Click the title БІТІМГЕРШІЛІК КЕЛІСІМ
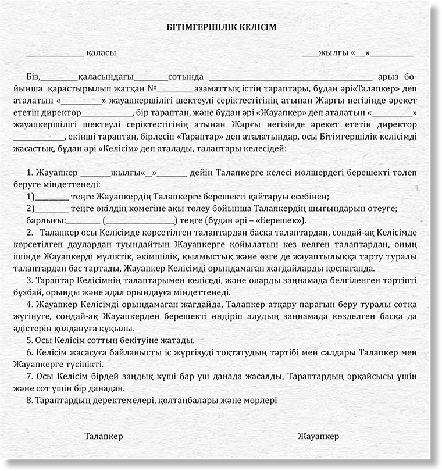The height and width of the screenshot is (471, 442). [220, 27]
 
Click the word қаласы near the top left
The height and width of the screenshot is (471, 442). [101, 53]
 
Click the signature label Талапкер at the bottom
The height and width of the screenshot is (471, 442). [104, 436]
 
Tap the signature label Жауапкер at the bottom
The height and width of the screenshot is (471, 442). [318, 436]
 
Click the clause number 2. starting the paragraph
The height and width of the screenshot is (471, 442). [30, 233]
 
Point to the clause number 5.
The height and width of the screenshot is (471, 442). [30, 340]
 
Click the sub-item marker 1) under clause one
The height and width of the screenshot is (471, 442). [30, 196]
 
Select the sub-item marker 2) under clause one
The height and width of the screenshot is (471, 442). [30, 208]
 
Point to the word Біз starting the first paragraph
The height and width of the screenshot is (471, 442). [34, 77]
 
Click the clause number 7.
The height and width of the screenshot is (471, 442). [30, 376]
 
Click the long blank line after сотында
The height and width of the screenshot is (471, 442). [290, 78]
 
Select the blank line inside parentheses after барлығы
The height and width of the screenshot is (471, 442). [140, 222]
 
